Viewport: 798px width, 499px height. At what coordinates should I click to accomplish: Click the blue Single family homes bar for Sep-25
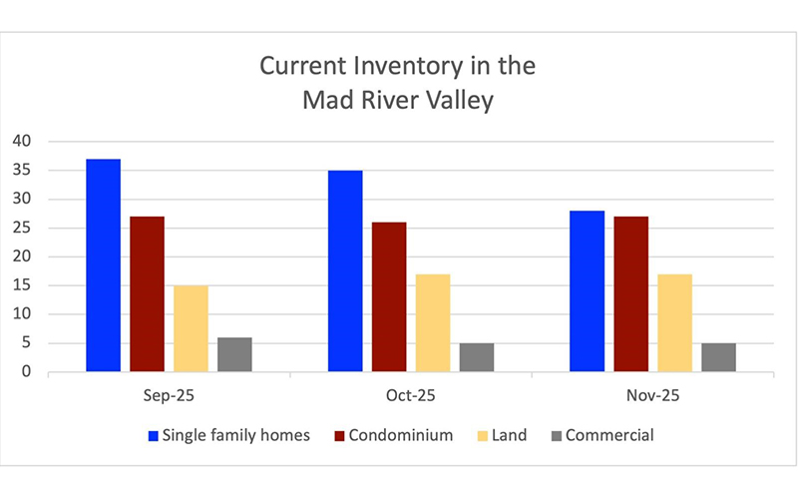coord(103,265)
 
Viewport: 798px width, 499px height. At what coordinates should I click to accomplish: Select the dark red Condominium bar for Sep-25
coord(147,294)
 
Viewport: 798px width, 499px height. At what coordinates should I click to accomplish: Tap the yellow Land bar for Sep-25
coord(191,329)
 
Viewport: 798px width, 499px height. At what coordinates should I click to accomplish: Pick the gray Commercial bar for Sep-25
coord(234,355)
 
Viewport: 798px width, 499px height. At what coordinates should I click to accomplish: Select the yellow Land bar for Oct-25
coord(433,323)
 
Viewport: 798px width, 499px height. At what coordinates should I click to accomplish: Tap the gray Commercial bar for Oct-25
coord(477,357)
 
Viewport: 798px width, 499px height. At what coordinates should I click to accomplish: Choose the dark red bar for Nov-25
coord(632,294)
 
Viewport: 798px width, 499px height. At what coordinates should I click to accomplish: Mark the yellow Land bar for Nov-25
coord(675,323)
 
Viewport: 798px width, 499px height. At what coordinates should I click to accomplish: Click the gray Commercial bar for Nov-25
coord(719,357)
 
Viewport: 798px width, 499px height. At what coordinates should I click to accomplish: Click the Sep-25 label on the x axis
coord(169,395)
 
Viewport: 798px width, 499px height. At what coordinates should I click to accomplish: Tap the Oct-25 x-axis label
coord(411,395)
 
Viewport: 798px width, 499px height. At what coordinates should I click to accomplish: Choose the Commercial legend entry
coord(608,435)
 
